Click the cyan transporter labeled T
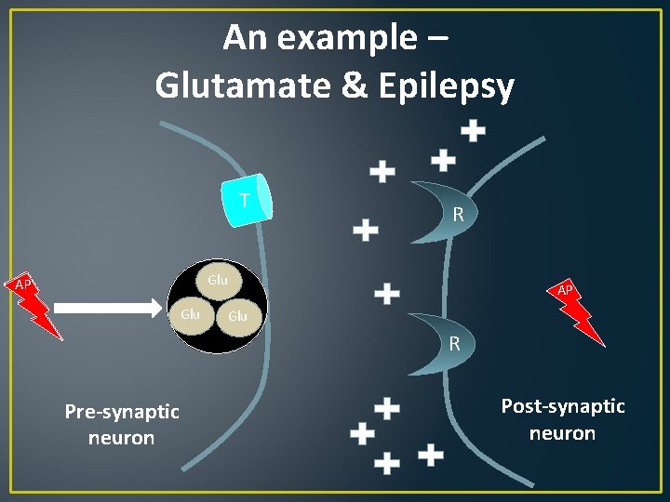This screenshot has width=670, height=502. coord(248,202)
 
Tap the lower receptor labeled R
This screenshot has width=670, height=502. coord(448,342)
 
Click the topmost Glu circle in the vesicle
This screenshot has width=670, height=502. coord(218,281)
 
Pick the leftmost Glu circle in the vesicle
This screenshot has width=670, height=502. coord(191,315)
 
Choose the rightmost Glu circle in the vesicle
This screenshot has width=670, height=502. coord(239,316)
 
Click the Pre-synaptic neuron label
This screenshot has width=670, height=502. coord(121,424)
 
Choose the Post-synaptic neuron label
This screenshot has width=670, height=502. coord(563,419)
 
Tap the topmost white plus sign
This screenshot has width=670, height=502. coord(474,131)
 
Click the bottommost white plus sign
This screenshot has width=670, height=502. coord(386,462)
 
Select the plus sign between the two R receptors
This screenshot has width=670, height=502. coord(387,294)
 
